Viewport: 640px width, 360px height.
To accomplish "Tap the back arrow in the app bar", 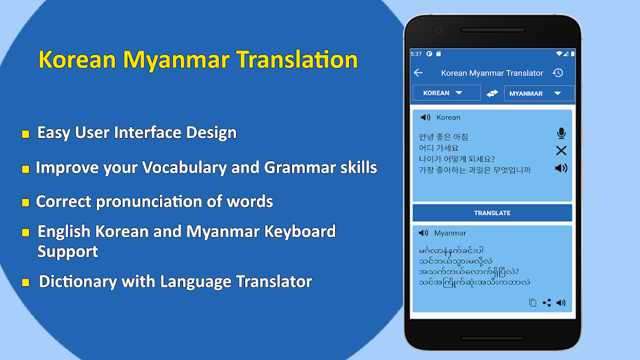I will (x=418, y=73).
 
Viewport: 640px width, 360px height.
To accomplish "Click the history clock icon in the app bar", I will (x=557, y=73).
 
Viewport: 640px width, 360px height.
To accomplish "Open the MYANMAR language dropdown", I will (x=538, y=94).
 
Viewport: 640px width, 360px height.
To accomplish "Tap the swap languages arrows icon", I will (x=492, y=93).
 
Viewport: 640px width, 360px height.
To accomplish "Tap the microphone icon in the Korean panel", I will (x=561, y=134).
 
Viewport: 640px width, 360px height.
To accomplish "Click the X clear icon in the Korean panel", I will (x=561, y=151).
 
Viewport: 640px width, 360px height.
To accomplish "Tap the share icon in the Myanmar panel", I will (x=547, y=303).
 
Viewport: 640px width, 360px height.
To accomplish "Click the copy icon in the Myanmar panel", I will (x=533, y=303).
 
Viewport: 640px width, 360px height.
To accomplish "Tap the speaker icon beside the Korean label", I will (x=425, y=117).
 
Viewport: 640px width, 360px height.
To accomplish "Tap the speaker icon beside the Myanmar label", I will (x=423, y=233).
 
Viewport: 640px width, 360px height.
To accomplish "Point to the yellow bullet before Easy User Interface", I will (x=26, y=134).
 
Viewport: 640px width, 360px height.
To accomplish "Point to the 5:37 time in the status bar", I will (x=416, y=54).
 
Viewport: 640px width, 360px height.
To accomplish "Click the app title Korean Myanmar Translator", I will (x=492, y=73).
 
